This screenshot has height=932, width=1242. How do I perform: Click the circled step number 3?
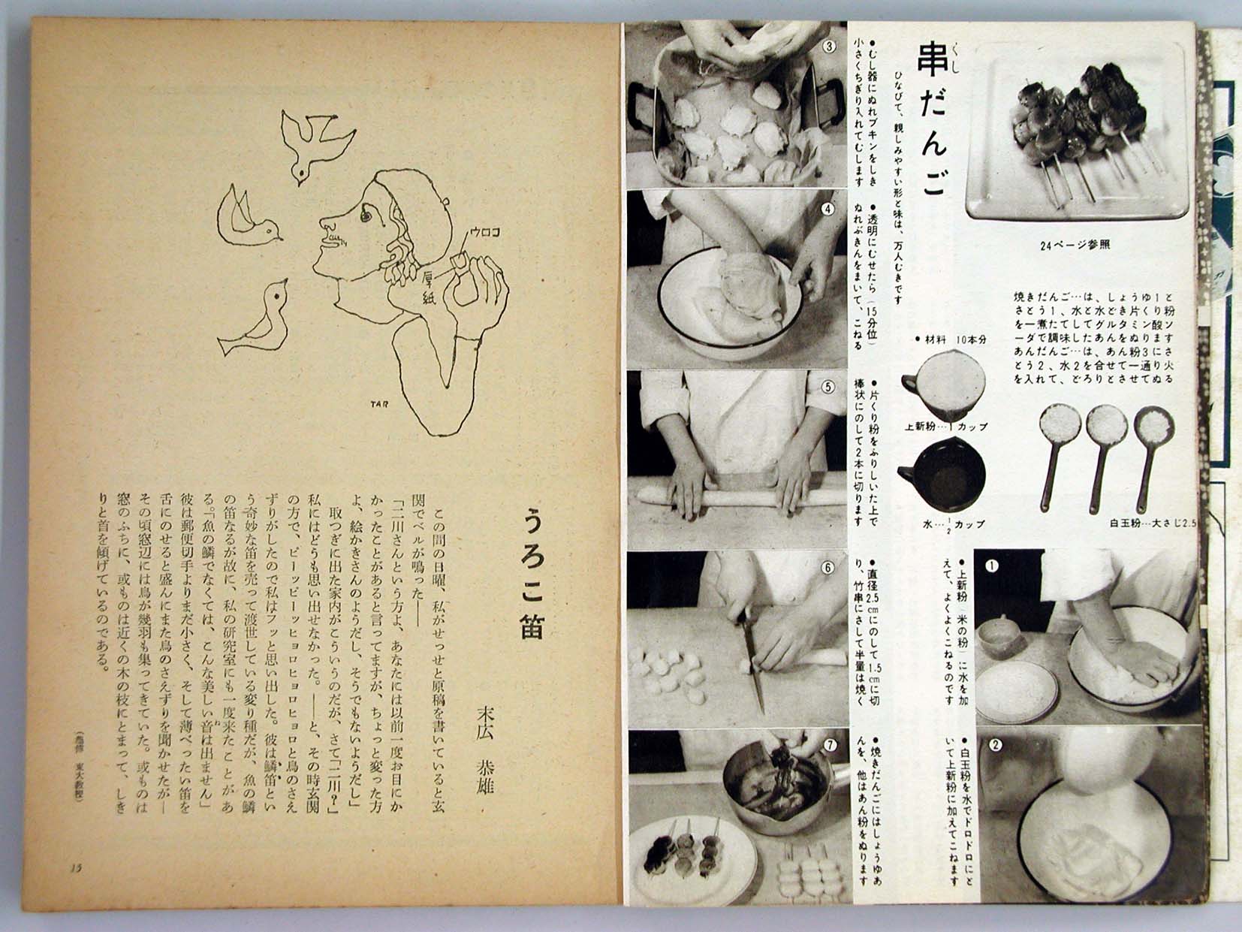829,46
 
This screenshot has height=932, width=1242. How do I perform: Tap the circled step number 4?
828,210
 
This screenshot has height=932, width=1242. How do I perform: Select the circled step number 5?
828,388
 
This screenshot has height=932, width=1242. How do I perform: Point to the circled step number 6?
828,568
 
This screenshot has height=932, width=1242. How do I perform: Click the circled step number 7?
829,746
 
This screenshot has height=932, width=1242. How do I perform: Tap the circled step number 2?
996,746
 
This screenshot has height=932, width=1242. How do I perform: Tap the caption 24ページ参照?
1075,244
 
